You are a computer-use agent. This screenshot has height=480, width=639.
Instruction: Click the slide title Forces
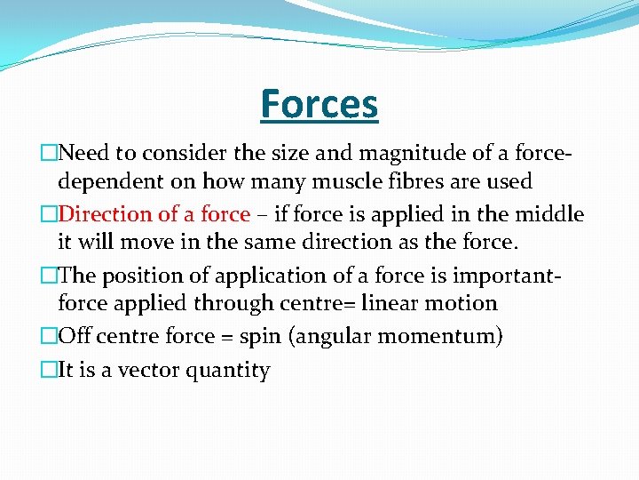(319, 104)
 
